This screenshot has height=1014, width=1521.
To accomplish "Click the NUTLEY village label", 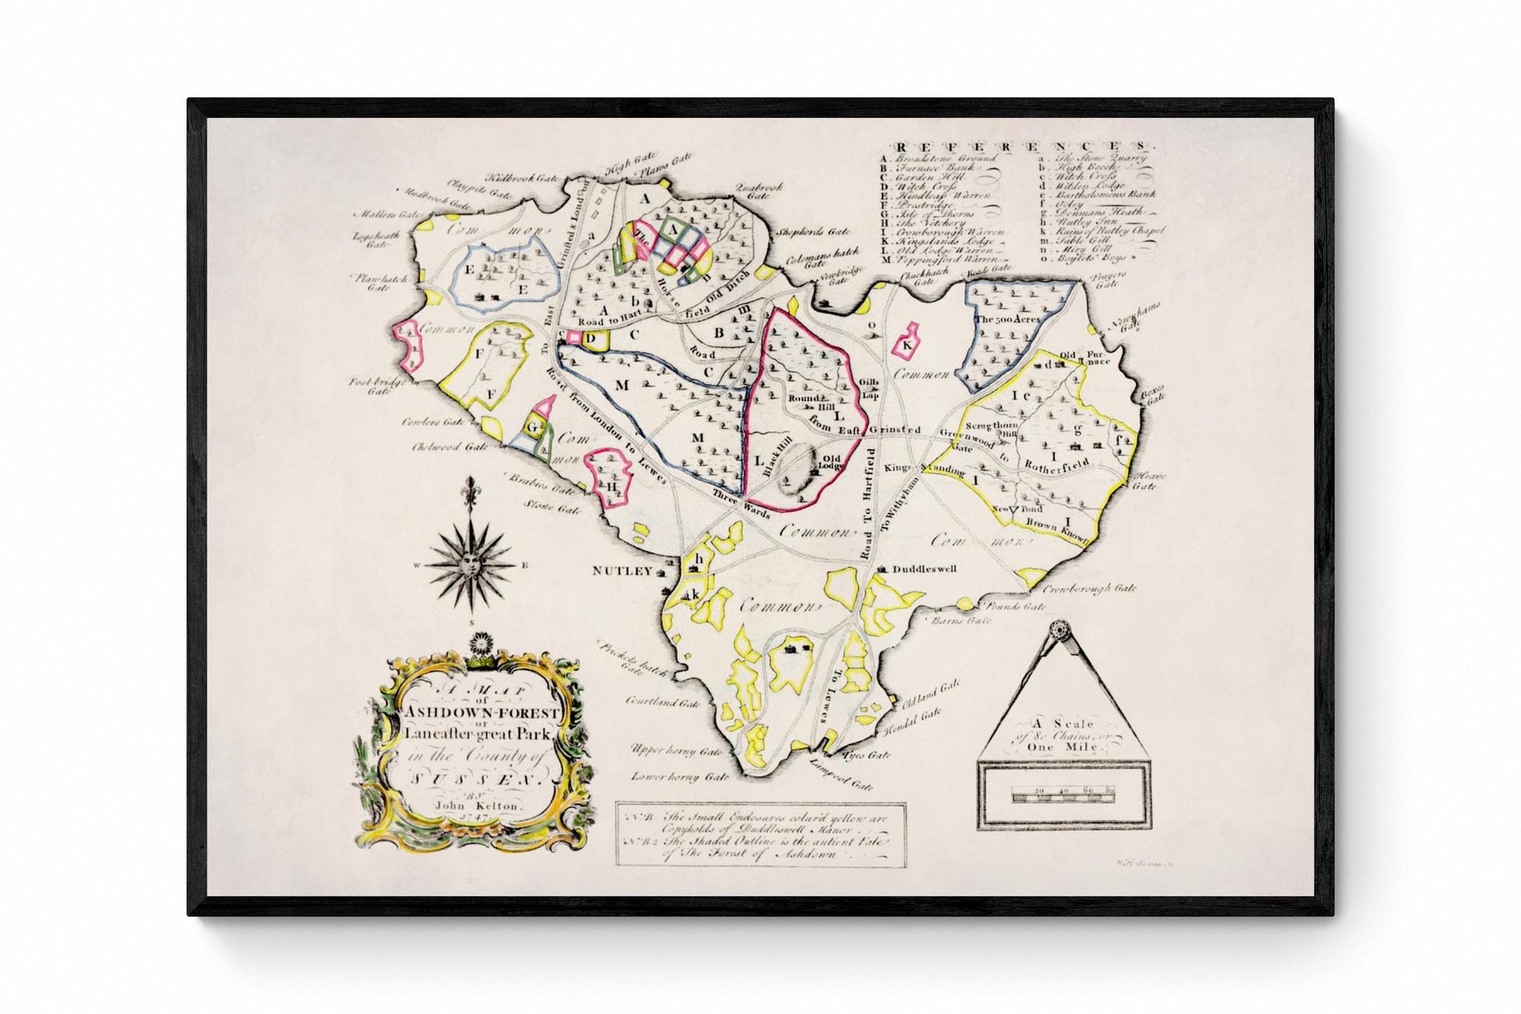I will (621, 571).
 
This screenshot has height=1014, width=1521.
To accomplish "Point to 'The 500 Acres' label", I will (1007, 320).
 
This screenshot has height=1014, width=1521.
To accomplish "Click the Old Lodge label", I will (830, 462).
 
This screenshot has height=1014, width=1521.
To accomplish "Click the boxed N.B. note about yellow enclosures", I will (760, 834).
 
